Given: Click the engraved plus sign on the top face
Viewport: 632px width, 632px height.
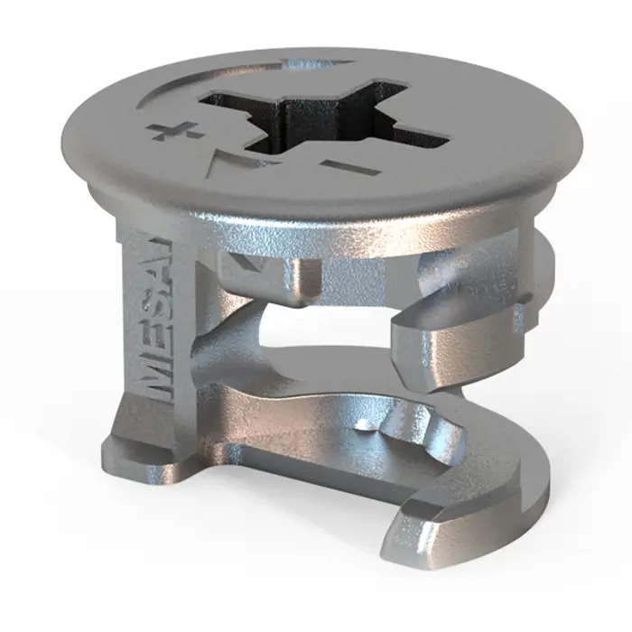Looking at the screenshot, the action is click(175, 131).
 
